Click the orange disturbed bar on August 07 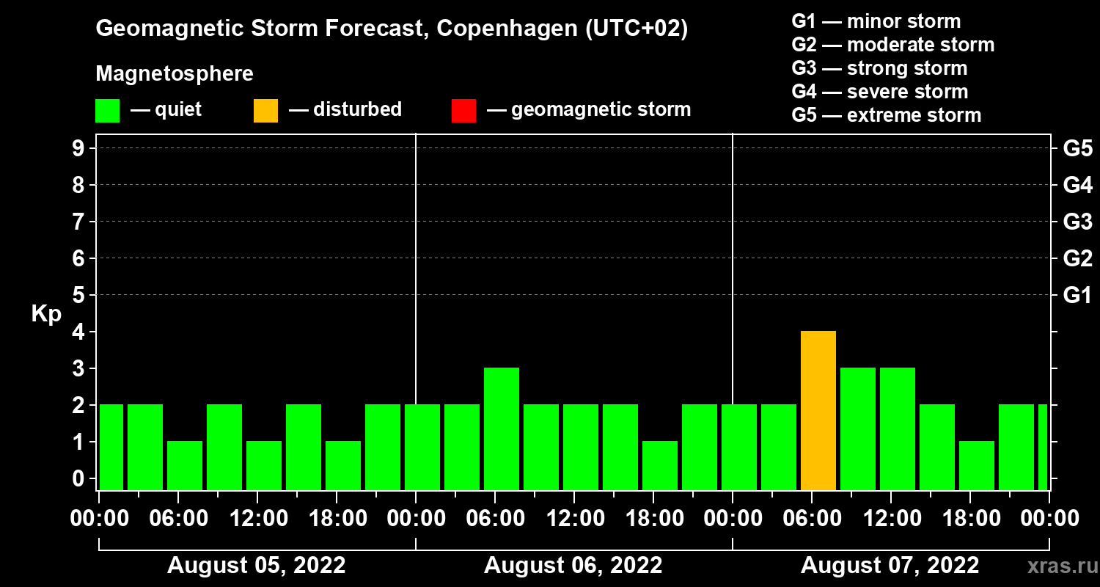(818, 411)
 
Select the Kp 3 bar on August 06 (502, 429)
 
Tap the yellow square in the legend (265, 110)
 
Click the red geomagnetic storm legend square (463, 110)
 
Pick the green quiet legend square (107, 110)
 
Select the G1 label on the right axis (1077, 296)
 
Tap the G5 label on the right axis (1077, 149)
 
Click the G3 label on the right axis (1077, 222)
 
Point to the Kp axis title (46, 314)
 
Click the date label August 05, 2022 (257, 566)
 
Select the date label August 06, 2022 (573, 566)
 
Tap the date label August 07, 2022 (890, 566)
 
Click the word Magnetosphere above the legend (175, 74)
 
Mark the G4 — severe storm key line (880, 92)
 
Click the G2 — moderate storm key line (893, 45)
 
